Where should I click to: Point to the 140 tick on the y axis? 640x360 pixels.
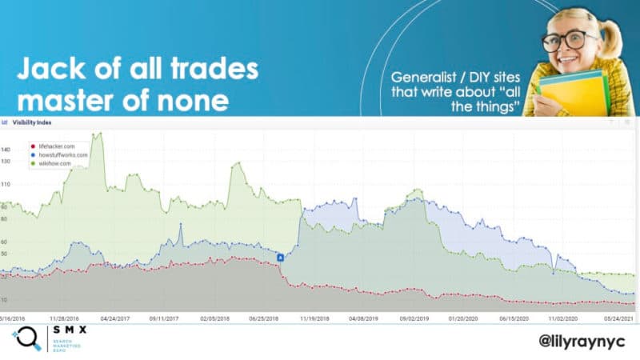(x=6, y=150)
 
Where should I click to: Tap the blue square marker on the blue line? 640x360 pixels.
(x=281, y=257)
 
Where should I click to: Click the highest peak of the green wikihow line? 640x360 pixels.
(x=99, y=134)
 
